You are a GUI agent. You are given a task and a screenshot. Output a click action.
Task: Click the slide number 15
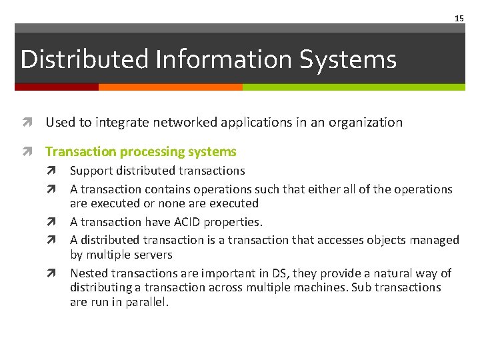pyautogui.click(x=459, y=19)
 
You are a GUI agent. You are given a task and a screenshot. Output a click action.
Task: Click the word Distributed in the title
pyautogui.click(x=85, y=59)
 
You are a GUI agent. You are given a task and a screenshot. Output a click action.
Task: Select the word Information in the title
pyautogui.click(x=224, y=59)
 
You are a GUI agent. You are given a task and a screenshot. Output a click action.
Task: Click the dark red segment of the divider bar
pyautogui.click(x=57, y=87)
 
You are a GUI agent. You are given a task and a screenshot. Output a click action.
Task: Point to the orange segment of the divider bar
pyautogui.click(x=170, y=87)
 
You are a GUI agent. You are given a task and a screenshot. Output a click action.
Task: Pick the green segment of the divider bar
pyautogui.click(x=353, y=87)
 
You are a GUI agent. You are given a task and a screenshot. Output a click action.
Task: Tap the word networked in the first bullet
pyautogui.click(x=177, y=122)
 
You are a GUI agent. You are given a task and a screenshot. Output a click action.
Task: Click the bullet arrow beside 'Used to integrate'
pyautogui.click(x=27, y=123)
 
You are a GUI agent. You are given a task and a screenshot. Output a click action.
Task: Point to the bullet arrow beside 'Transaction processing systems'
pyautogui.click(x=27, y=152)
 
